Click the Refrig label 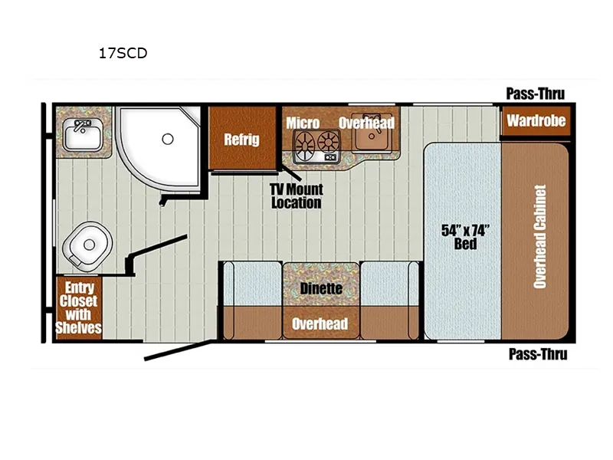[241, 140]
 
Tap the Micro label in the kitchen [303, 123]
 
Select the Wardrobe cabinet [536, 120]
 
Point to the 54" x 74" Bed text [465, 236]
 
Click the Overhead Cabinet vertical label [539, 236]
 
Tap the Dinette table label [321, 288]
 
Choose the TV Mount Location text [295, 196]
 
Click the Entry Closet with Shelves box [79, 307]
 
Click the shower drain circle [167, 139]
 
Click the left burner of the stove [305, 143]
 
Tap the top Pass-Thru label [535, 94]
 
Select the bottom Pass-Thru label [537, 353]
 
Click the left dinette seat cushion [251, 284]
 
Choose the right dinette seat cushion [389, 284]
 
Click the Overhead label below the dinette [320, 324]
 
